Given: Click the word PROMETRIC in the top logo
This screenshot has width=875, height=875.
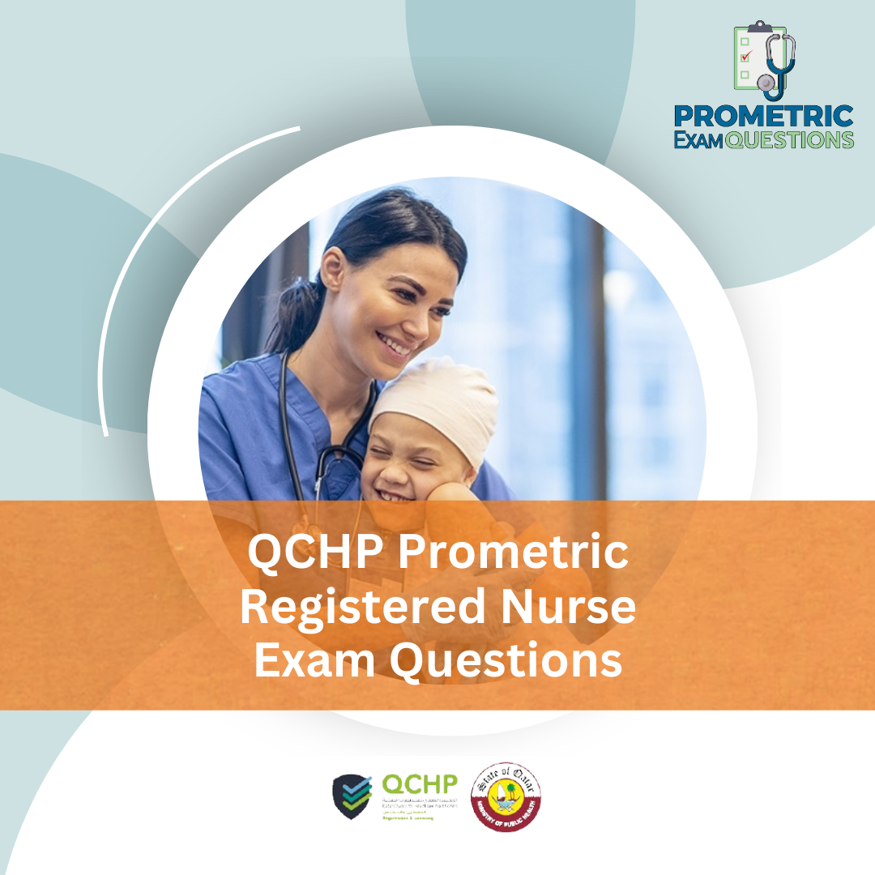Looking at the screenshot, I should tap(763, 115).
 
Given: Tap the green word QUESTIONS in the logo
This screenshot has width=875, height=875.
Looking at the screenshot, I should tap(789, 139).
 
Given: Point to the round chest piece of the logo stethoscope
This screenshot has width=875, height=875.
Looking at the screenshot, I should tap(765, 83).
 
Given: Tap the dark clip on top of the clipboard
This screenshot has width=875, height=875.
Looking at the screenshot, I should tap(760, 27).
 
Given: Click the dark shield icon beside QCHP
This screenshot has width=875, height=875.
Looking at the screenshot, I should tap(352, 796).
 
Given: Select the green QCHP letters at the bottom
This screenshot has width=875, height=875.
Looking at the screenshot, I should tap(419, 784).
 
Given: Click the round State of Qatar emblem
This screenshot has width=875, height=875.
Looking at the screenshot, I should tap(506, 795).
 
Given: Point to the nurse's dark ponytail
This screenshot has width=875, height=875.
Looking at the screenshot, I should tap(292, 316).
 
